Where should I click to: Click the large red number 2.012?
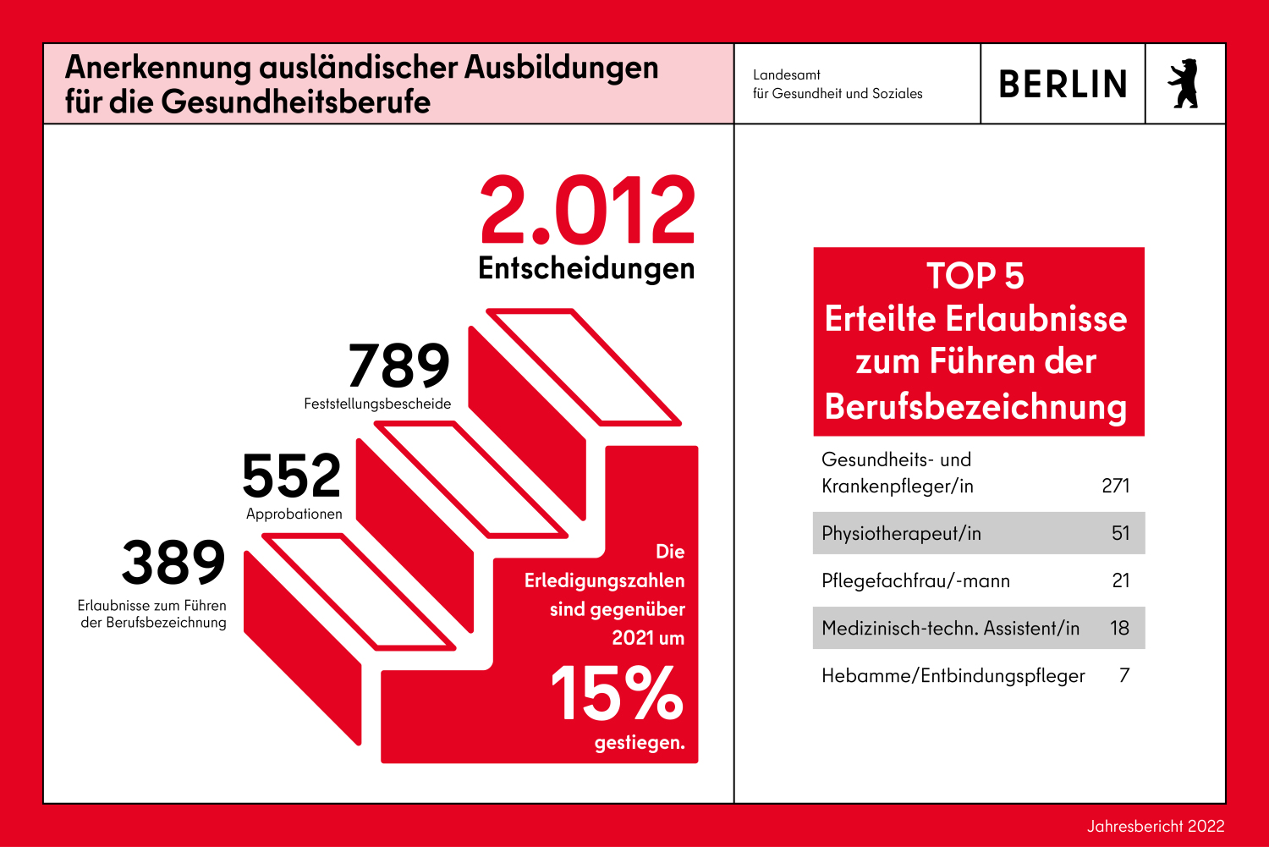point(587,210)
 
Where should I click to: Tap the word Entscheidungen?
point(586,268)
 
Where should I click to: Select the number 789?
point(399,366)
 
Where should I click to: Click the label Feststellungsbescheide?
point(377,404)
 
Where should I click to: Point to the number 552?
point(292,476)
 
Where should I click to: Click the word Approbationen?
point(294,514)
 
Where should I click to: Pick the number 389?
point(173,564)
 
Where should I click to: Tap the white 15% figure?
point(617,694)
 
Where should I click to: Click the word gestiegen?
point(640,743)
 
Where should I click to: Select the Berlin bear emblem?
point(1184,84)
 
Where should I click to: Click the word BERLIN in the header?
point(1063,85)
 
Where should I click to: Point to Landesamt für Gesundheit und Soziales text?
point(837,85)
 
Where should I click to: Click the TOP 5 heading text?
point(975,276)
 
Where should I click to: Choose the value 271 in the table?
point(1116,486)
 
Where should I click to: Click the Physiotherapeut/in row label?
point(901,533)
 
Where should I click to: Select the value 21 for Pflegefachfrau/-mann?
point(1121,580)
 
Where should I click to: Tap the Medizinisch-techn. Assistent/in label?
point(950,628)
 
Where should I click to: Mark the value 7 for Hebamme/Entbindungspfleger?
point(1124,675)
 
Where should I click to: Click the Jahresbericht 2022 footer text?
point(1156,826)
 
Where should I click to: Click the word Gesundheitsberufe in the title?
point(296,102)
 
